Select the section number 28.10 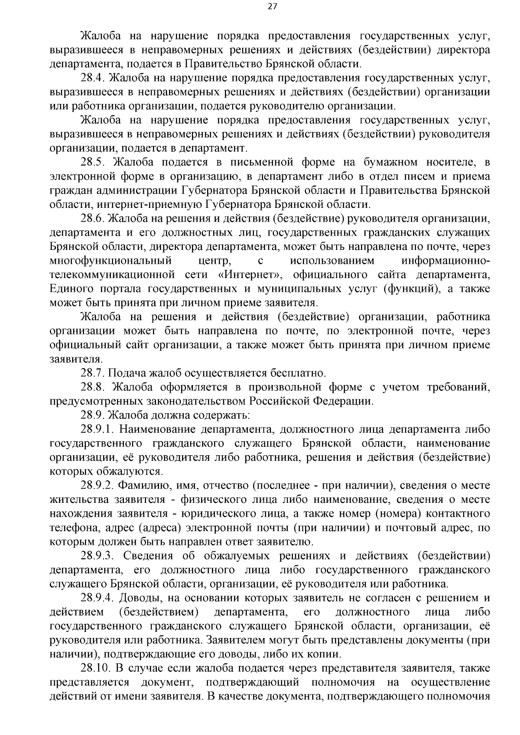[x=95, y=668]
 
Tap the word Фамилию [x=142, y=486]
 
